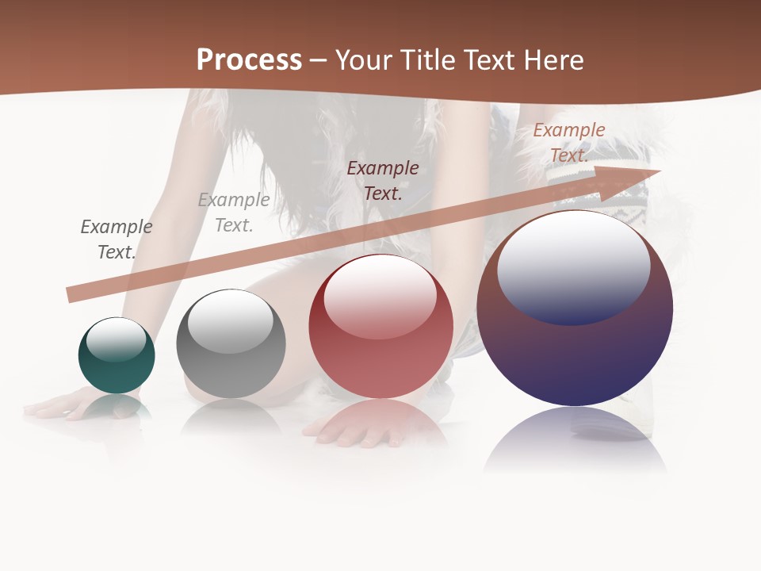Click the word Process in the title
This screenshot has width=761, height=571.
249,60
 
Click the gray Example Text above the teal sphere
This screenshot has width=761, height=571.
117,240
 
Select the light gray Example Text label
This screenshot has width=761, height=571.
234,213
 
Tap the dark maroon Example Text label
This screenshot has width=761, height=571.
383,180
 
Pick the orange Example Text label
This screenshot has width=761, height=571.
569,143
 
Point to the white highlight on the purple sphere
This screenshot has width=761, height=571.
573,266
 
